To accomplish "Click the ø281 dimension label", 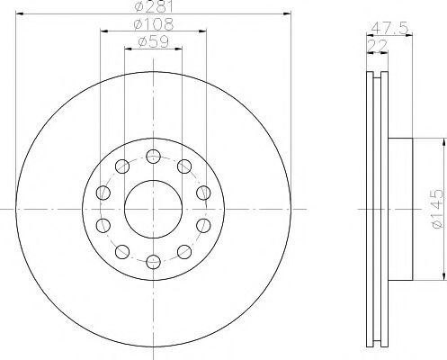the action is [154, 6].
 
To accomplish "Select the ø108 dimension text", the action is [154, 24].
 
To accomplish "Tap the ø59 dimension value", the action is [154, 42].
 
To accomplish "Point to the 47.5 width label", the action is [389, 29].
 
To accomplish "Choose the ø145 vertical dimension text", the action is [436, 209].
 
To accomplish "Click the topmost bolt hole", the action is [153, 157].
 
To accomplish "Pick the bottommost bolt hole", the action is [153, 262].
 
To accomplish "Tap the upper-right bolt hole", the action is [184, 166].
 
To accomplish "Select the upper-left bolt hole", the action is [122, 166].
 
